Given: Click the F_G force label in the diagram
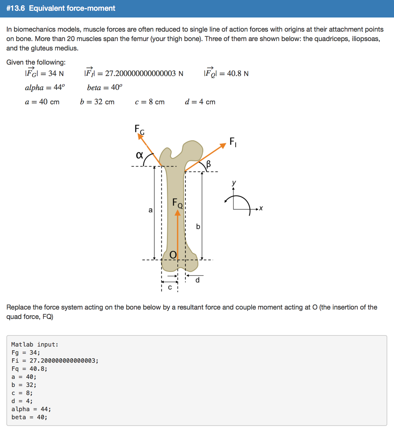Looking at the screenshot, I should tap(139, 129).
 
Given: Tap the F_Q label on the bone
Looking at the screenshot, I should tap(177, 203).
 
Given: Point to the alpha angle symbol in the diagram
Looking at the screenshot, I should tap(139, 155).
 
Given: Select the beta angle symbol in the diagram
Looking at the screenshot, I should tap(208, 164).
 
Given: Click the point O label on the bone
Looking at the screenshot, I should tap(173, 255).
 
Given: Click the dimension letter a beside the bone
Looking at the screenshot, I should tap(150, 210).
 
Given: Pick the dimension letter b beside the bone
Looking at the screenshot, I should tap(198, 226).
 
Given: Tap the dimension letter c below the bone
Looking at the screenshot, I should tap(170, 287).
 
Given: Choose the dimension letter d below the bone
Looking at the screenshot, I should tap(198, 280).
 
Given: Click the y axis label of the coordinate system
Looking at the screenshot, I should tap(234, 183).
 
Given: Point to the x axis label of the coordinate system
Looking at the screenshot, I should tap(261, 209).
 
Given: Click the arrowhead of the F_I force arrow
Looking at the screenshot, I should tap(223, 145).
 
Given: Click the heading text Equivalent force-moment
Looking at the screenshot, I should tap(72, 8).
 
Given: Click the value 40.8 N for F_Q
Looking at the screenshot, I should tap(238, 73).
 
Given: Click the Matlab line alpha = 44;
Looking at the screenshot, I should tap(31, 409).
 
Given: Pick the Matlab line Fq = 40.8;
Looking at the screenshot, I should tap(29, 369).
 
